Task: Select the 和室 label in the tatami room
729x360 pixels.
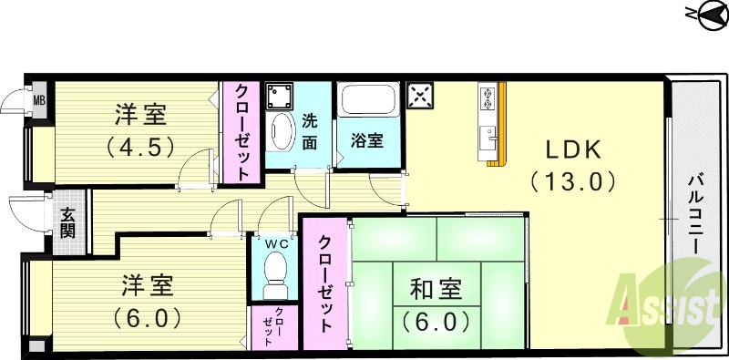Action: click(x=435, y=291)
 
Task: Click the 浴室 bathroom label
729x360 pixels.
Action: click(x=367, y=141)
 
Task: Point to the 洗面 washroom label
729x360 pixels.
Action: click(x=311, y=129)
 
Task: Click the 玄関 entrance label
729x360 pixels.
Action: click(x=68, y=223)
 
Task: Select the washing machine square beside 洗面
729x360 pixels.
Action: click(x=281, y=95)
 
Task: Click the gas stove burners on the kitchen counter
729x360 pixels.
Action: click(x=486, y=98)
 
